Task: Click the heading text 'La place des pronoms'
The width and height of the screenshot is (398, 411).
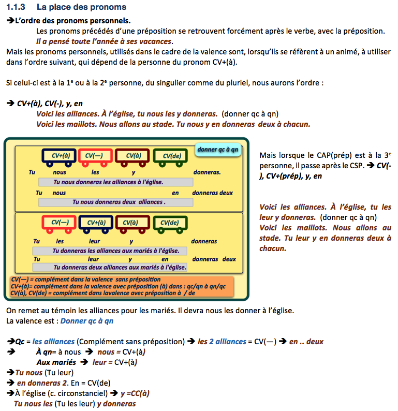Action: [81, 8]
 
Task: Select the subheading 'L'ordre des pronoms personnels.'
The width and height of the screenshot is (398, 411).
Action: [72, 21]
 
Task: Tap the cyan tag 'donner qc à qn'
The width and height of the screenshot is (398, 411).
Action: [218, 150]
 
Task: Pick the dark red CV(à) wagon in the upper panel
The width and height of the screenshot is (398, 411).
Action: [133, 156]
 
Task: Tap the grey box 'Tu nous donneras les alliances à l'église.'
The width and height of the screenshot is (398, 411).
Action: [116, 182]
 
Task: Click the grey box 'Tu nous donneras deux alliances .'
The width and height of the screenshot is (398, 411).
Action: [119, 202]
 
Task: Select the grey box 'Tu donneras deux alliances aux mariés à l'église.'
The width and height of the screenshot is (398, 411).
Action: [120, 267]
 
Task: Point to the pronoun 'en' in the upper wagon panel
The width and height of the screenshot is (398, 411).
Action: [175, 193]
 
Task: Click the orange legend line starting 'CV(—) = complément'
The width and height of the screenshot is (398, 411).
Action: [85, 280]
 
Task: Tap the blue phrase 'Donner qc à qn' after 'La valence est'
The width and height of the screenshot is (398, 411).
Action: [87, 321]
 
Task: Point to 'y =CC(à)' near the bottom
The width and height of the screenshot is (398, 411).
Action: [135, 393]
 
